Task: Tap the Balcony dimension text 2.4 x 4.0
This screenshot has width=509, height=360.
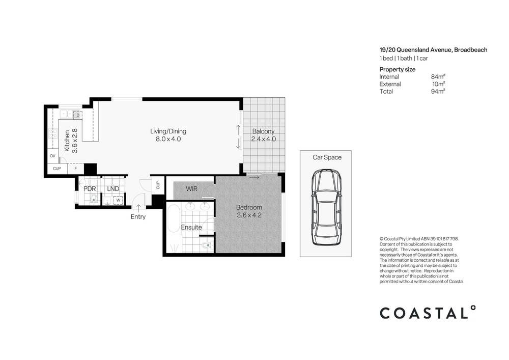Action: [x=264, y=139]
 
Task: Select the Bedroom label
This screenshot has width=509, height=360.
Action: [x=249, y=207]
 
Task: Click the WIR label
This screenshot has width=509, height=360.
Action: [x=191, y=189]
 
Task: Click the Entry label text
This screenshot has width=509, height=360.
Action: [x=138, y=217]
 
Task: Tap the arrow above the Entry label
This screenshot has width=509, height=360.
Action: [x=138, y=207]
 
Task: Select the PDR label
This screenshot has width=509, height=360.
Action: [x=90, y=189]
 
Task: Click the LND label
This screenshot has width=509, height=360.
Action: [x=113, y=189]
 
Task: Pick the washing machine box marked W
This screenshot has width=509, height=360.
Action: [x=118, y=200]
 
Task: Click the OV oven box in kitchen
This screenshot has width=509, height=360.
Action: [x=52, y=156]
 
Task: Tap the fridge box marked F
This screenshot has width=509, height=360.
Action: [x=76, y=169]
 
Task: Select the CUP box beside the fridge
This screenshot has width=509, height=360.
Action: [x=57, y=169]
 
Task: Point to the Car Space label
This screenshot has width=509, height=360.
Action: [x=327, y=157]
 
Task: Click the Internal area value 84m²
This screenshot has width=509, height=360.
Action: [x=438, y=77]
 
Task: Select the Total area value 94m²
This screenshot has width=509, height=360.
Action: [x=438, y=91]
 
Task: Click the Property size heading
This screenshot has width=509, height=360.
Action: [x=398, y=69]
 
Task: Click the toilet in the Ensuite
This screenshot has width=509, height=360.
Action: [x=206, y=245]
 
